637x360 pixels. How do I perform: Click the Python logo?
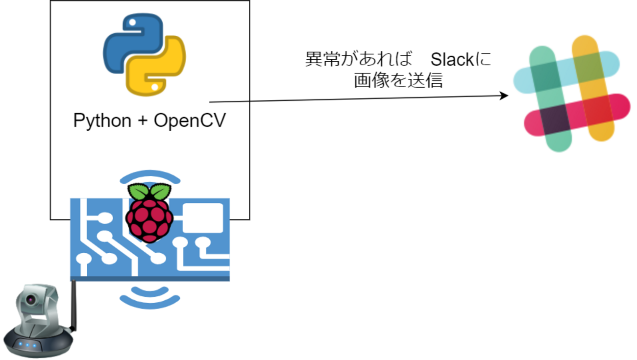point(144,54)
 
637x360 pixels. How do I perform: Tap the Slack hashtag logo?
point(571,93)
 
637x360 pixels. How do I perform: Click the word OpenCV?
point(190,120)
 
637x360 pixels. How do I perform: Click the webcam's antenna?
point(73,304)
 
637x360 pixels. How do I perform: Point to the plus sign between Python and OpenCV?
point(142,121)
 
